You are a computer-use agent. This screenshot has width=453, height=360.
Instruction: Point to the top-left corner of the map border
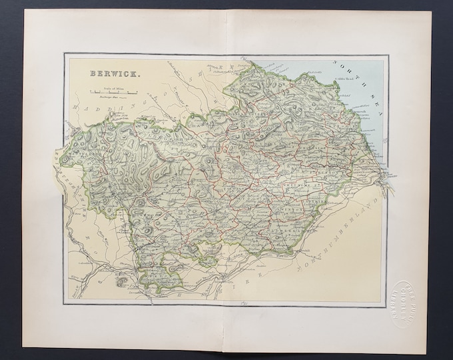(65, 55)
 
